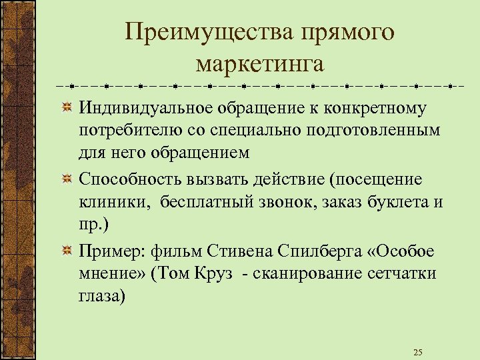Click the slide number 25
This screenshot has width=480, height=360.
(x=418, y=352)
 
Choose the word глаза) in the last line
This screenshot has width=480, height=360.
(x=102, y=296)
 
